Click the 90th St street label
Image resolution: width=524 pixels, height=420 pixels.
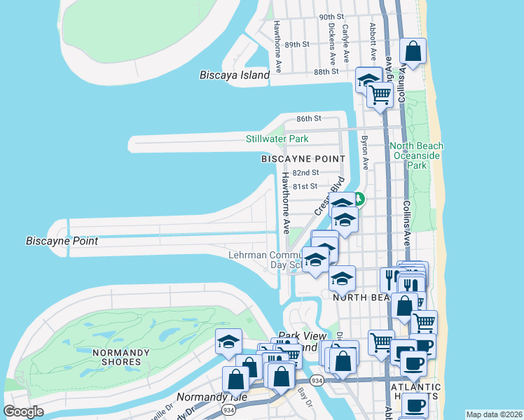pos(331,16)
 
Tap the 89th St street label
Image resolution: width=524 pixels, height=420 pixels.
pos(296,44)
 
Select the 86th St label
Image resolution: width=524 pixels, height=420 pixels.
pos(308,119)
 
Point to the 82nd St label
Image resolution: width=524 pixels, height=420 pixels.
pos(305,172)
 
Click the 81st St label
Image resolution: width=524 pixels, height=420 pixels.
pos(305,186)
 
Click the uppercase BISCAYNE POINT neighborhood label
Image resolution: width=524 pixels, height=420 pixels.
pos(296,160)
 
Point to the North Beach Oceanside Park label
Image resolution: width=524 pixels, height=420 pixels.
pos(417,156)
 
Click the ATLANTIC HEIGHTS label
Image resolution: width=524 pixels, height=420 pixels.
pos(416,391)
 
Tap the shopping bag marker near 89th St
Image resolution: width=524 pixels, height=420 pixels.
pos(413,51)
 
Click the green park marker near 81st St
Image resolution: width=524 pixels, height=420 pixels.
pos(358,199)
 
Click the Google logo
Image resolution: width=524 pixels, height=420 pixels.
pos(23,412)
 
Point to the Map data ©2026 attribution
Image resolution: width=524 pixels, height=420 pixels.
pos(494,414)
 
